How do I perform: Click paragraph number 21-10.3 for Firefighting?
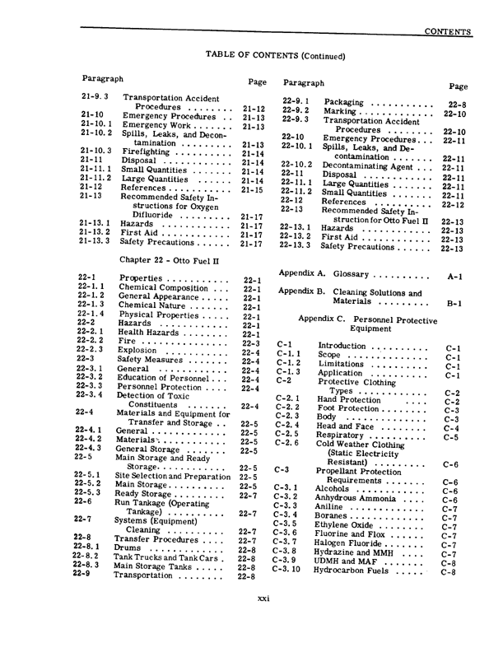point(97,152)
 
